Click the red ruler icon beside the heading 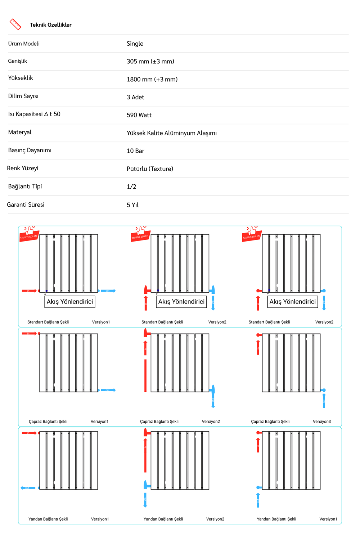(15, 24)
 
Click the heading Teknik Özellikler (51, 25)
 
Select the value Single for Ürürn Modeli (135, 44)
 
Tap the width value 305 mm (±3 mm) (150, 62)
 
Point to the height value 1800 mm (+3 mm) (152, 79)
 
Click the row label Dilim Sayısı (23, 96)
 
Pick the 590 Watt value (139, 115)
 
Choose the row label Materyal (20, 132)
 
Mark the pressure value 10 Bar (135, 151)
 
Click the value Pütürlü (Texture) (150, 169)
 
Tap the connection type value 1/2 (131, 186)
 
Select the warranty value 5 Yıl (132, 205)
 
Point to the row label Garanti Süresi (26, 205)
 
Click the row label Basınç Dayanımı (30, 150)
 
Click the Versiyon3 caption (322, 422)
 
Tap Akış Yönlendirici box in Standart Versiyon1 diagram (70, 302)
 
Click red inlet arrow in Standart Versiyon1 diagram (29, 291)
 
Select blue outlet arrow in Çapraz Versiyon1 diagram (108, 390)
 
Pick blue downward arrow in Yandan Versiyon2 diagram (145, 500)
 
